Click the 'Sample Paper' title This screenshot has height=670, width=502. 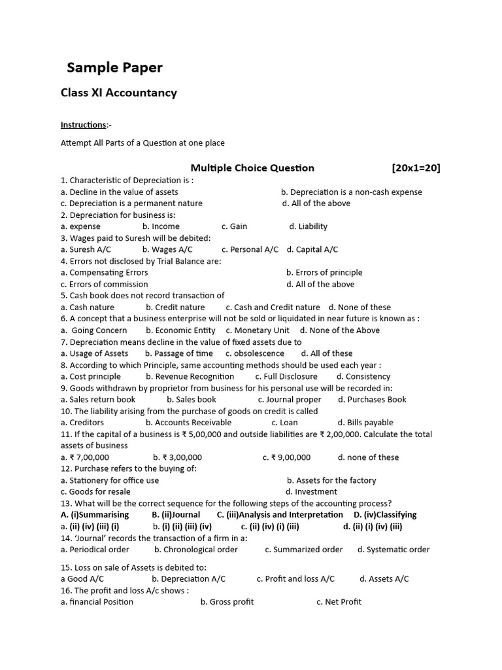[x=115, y=67]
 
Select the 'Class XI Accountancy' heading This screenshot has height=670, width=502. [x=118, y=93]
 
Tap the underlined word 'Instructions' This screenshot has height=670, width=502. [x=83, y=125]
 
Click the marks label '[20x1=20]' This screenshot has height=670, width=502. [x=416, y=168]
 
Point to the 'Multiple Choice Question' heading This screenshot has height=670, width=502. [x=252, y=168]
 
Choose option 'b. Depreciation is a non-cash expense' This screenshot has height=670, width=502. [x=351, y=192]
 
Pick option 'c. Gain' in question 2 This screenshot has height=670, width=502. [x=234, y=226]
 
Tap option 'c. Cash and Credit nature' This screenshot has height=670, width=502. [x=273, y=307]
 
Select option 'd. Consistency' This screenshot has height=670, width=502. [x=363, y=376]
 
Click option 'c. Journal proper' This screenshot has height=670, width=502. [x=289, y=399]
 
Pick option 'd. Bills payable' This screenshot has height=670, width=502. [x=365, y=423]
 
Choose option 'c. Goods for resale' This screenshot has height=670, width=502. [x=95, y=491]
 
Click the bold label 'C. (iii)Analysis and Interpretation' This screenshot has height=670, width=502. [x=280, y=515]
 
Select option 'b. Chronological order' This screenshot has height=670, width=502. [x=196, y=550]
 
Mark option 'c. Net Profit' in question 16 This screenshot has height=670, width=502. [x=339, y=602]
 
